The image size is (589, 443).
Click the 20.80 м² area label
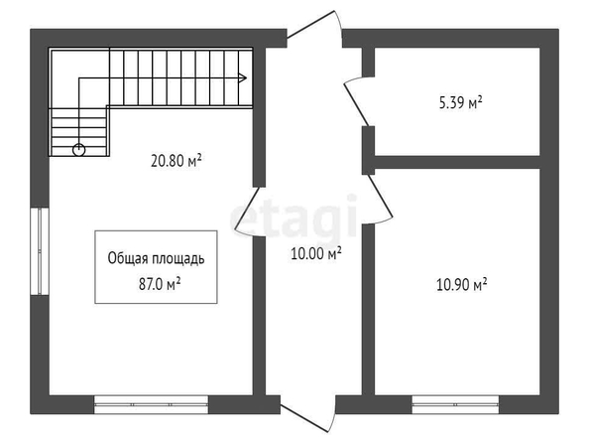[x=177, y=161]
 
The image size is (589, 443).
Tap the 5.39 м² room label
[x=460, y=102]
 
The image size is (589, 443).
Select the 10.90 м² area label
[x=462, y=284]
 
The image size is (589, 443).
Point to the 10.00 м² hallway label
[x=316, y=253]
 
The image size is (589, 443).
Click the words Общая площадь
[x=156, y=259]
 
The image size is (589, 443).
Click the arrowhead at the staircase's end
[x=243, y=77]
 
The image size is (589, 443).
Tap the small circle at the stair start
[x=79, y=150]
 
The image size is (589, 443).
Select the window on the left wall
[x=40, y=251]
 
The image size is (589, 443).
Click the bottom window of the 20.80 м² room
[x=151, y=404]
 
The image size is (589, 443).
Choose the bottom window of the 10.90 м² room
[x=455, y=404]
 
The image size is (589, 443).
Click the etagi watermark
[x=293, y=218]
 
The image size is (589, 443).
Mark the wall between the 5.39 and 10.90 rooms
[x=457, y=162]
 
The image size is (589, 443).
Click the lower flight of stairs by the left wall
[x=79, y=132]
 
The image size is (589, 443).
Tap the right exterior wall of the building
[x=549, y=221]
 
